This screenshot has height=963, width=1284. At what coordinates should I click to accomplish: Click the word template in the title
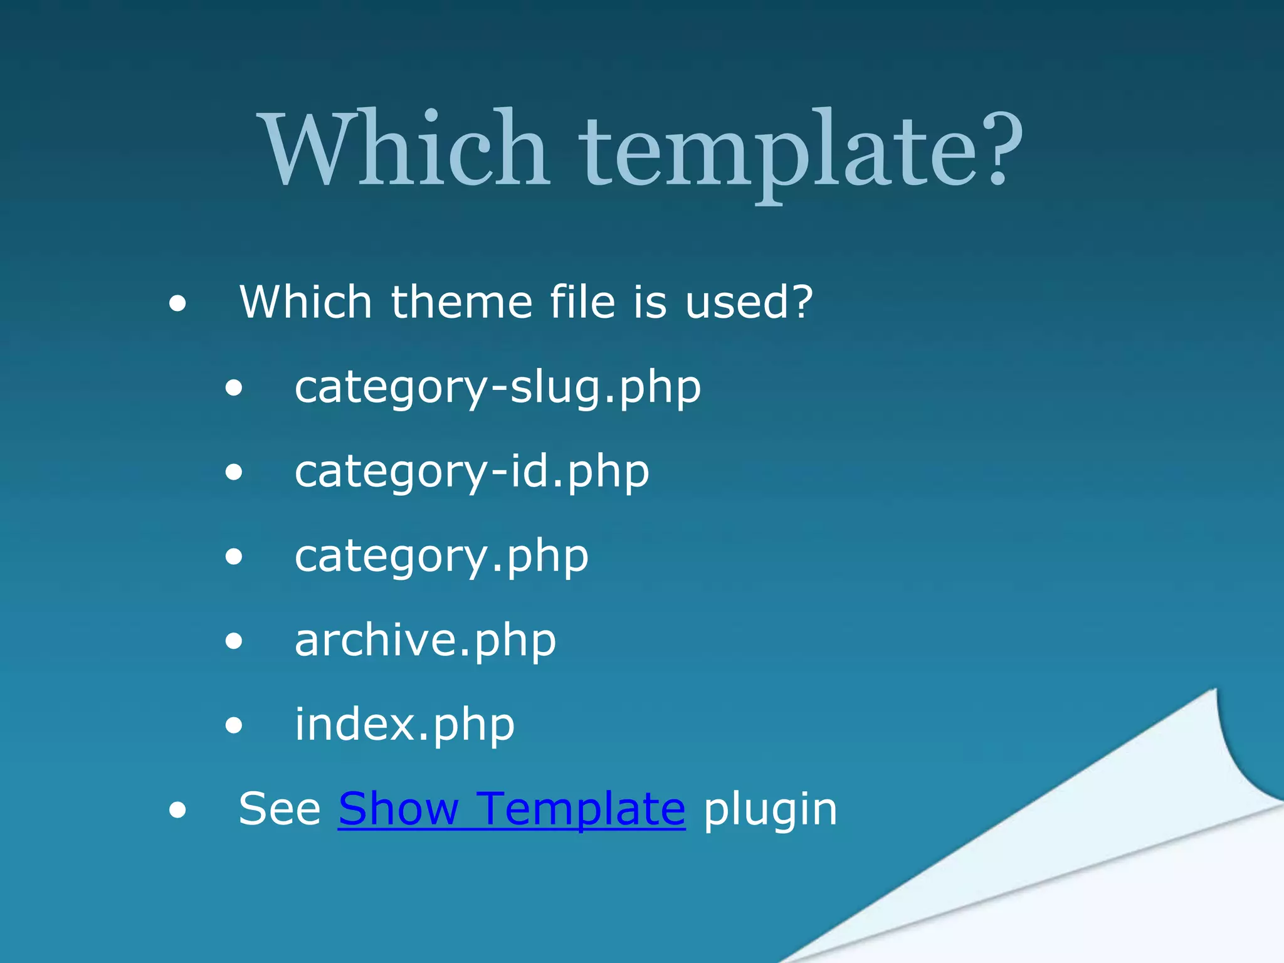pyautogui.click(x=777, y=154)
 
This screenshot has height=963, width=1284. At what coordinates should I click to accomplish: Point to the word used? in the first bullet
pyautogui.click(x=749, y=302)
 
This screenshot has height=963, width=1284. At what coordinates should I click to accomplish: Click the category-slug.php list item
pyautogui.click(x=497, y=388)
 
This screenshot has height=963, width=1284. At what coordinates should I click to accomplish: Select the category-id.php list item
pyautogui.click(x=471, y=472)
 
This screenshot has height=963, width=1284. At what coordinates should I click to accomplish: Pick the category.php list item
pyautogui.click(x=441, y=557)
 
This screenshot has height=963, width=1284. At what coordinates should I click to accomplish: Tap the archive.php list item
pyautogui.click(x=425, y=641)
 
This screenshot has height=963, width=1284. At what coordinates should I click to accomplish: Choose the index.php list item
pyautogui.click(x=404, y=725)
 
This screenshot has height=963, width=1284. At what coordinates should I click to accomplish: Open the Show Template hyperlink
pyautogui.click(x=512, y=809)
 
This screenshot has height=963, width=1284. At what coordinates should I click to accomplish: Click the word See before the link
pyautogui.click(x=280, y=809)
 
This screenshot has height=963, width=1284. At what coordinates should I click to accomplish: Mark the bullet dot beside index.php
pyautogui.click(x=234, y=726)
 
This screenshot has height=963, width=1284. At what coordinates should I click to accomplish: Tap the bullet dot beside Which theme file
pyautogui.click(x=177, y=305)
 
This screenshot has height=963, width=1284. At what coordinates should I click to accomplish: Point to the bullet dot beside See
pyautogui.click(x=177, y=811)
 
